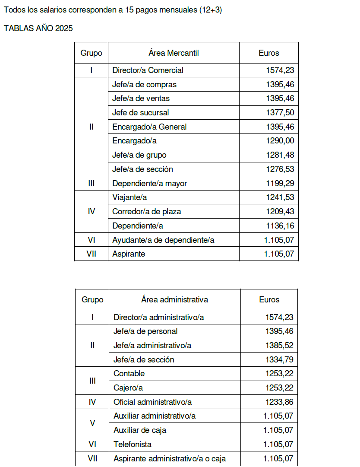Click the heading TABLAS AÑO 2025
point(38,29)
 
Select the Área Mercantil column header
point(174,53)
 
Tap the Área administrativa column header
point(174,299)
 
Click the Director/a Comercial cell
point(148,70)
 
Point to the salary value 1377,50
point(280,112)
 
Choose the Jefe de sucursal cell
point(140,112)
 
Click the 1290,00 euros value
point(280,140)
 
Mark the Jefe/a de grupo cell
point(139,155)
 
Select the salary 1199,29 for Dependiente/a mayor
point(280,183)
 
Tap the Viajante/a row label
point(129,197)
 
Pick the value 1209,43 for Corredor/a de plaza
point(280,211)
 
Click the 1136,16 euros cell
point(280,226)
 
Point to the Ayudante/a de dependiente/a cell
point(163,240)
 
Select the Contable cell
point(129,373)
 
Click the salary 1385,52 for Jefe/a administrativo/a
point(279,345)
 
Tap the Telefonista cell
point(133,444)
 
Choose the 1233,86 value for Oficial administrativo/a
point(279,402)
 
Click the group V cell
point(92,423)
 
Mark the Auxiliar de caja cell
point(140,430)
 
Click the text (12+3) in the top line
point(211,10)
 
